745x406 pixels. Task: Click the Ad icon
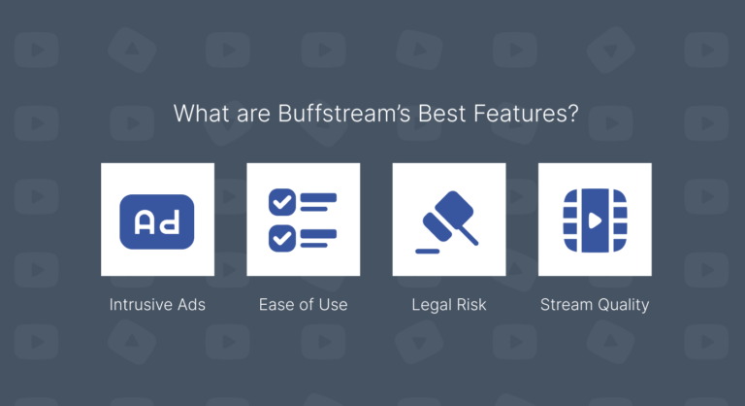click(157, 220)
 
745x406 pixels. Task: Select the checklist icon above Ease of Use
click(303, 220)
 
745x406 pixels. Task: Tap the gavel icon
click(448, 220)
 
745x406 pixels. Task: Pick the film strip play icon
click(595, 220)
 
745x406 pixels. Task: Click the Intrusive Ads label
click(157, 304)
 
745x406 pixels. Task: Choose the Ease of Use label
click(303, 304)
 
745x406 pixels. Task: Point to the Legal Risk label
click(448, 304)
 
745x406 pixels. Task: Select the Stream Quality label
click(595, 304)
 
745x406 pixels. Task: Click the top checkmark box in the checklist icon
click(281, 202)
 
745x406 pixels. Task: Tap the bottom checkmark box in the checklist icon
click(281, 236)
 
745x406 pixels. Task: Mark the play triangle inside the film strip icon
click(594, 220)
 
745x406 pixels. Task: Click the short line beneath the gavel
click(427, 251)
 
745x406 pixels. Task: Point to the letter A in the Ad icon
click(145, 221)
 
